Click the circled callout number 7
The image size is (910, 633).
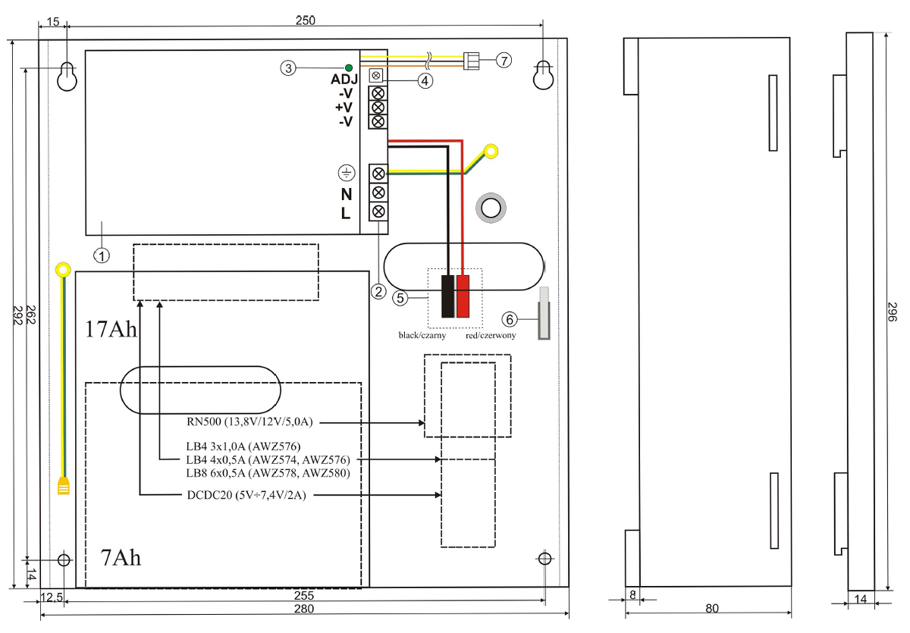[505, 60]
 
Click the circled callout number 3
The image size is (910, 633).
[287, 67]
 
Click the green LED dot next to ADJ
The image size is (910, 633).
[348, 67]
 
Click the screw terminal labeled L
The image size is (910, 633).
[378, 212]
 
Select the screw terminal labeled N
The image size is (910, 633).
[378, 193]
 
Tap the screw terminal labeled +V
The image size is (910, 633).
[378, 107]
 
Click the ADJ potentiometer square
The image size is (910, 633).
[375, 77]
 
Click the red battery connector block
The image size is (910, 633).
[463, 296]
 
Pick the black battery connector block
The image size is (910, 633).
[448, 296]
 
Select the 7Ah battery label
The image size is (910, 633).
[121, 558]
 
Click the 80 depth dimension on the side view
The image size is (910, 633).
[711, 608]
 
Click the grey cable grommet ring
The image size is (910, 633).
[491, 206]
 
